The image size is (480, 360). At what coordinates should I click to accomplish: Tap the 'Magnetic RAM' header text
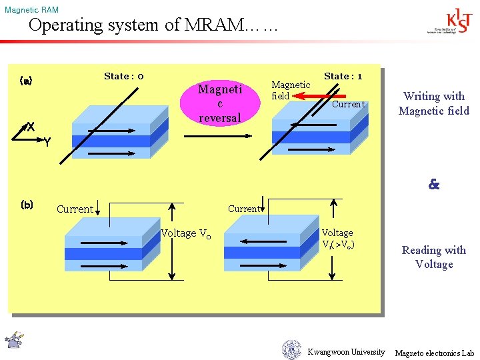31,10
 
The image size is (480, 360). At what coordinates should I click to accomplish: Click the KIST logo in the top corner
451,22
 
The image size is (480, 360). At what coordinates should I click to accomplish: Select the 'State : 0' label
124,76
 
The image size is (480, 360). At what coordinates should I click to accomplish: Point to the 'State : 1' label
343,76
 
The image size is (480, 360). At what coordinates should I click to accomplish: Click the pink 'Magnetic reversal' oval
220,103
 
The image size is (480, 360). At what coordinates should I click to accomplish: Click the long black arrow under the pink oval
217,136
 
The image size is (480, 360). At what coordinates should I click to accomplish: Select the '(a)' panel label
26,81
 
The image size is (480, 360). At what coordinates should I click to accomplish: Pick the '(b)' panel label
27,204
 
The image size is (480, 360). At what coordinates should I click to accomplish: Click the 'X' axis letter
31,127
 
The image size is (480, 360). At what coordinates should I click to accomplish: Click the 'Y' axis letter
47,141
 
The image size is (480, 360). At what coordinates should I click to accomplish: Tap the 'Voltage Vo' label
185,233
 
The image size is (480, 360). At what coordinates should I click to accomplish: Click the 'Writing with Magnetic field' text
434,103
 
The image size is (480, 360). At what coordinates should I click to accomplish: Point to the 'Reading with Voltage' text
434,257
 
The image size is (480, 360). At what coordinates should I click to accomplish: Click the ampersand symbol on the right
434,185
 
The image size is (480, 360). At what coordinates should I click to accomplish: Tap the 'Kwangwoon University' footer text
346,352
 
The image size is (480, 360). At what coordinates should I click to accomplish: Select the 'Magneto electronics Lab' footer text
434,353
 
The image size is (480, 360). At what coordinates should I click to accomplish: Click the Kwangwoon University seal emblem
291,349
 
